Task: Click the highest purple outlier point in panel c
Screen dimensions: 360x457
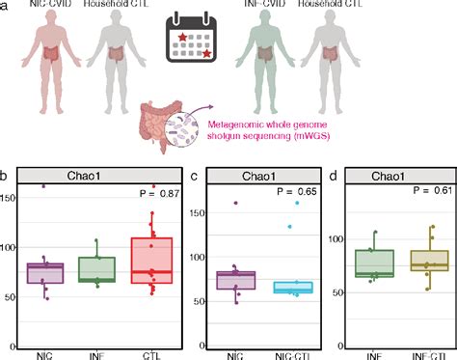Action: pyautogui.click(x=234, y=203)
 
